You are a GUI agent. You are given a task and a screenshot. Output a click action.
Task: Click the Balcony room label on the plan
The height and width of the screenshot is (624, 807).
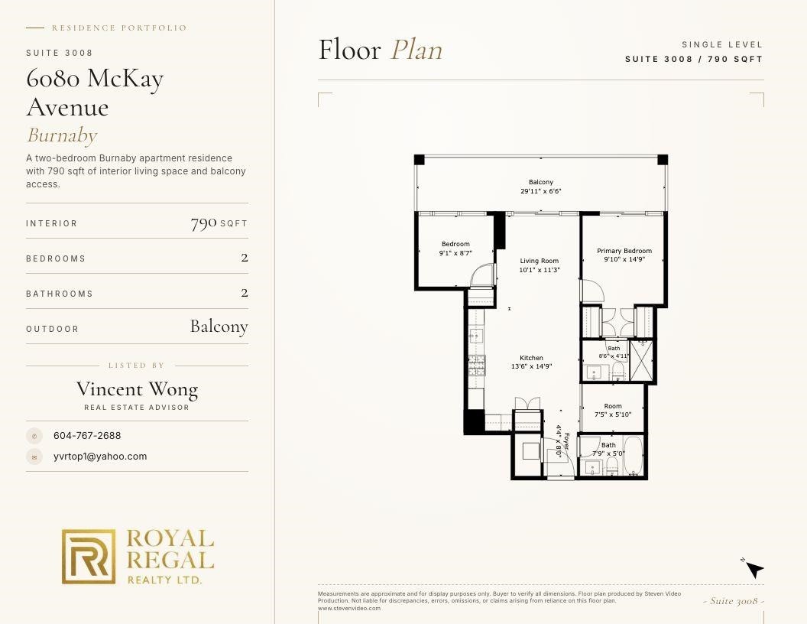540,182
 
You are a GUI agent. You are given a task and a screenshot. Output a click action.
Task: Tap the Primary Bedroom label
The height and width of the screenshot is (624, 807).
624,251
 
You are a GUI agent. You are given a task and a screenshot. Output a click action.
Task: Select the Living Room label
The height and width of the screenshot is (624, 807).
539,261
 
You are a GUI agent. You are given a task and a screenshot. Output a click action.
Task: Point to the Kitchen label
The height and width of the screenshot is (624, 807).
531,358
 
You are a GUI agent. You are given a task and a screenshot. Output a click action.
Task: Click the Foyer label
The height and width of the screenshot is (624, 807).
566,441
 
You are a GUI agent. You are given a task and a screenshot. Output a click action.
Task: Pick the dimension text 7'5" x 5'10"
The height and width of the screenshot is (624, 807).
612,414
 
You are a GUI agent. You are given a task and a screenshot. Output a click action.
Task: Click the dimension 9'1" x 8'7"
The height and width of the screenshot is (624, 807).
455,253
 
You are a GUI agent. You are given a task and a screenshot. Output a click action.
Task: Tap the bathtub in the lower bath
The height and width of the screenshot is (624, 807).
633,457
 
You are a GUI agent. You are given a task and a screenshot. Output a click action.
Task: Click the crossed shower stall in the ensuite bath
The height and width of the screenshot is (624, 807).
641,360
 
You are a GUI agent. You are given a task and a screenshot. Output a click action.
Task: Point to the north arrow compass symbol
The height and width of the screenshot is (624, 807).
754,569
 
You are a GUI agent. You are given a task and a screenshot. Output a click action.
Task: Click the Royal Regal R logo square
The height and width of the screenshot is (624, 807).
89,557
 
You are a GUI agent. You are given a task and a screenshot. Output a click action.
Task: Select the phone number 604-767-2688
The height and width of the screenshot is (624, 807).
87,436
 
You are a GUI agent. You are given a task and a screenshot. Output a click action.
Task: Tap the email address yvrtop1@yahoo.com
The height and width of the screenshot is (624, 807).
100,457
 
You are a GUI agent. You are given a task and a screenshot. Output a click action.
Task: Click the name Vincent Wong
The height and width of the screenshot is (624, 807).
137,389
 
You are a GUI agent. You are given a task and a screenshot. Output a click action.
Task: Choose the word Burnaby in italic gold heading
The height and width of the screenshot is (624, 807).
62,135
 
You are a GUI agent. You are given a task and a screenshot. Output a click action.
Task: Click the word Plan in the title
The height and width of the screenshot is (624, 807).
416,50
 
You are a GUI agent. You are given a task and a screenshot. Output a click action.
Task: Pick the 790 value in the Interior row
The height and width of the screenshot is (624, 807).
203,223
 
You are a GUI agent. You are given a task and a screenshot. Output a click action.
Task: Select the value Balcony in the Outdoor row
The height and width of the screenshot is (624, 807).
219,327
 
